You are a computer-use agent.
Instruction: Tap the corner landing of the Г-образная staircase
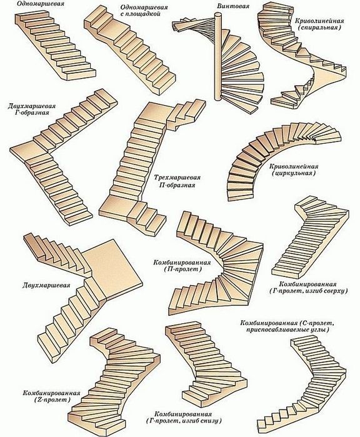(28, 151)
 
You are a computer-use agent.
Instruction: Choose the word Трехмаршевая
(177, 178)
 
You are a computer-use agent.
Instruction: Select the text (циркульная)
(294, 173)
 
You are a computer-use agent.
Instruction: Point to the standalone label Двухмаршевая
(46, 285)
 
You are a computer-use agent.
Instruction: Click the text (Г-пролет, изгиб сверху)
(309, 291)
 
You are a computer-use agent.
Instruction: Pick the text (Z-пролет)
(52, 399)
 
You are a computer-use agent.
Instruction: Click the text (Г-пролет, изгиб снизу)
(184, 420)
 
